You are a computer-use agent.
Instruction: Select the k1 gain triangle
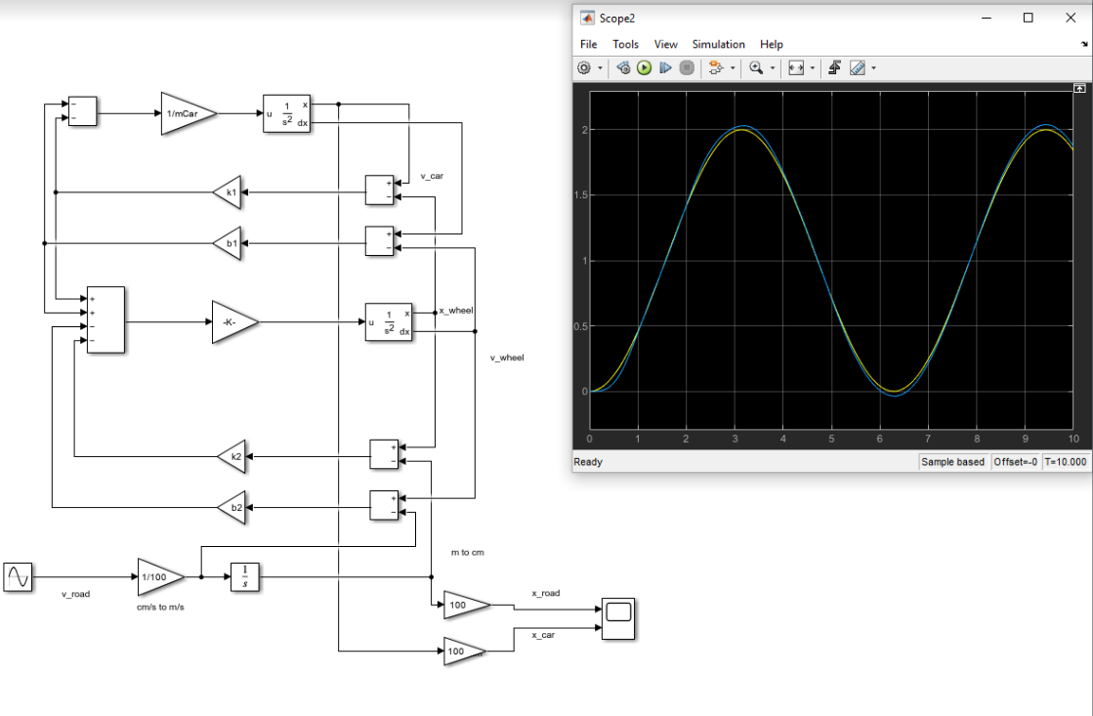(228, 192)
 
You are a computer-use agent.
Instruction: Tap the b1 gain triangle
(228, 242)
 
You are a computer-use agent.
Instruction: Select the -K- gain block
(232, 322)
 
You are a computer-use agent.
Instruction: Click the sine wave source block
(18, 577)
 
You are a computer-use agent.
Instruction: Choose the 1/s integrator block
(245, 576)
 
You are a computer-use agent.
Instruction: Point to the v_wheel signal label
(507, 358)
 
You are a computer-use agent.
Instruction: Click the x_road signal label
(545, 593)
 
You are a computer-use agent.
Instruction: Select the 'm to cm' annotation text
(467, 553)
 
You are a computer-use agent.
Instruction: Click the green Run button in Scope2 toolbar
(644, 67)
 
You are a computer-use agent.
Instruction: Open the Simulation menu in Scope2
(718, 44)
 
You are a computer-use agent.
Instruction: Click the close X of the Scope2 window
(1069, 17)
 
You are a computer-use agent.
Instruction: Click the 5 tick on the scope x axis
(831, 439)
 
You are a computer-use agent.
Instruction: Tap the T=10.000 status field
(1065, 462)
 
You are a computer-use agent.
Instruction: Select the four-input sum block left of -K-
(105, 319)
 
